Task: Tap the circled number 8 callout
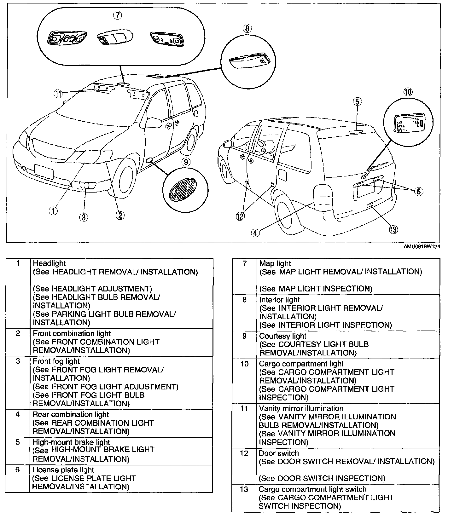click(x=247, y=29)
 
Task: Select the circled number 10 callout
click(x=408, y=92)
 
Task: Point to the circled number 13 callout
click(x=393, y=230)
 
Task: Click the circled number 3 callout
click(x=84, y=217)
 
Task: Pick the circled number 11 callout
click(x=58, y=94)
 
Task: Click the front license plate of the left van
click(x=44, y=172)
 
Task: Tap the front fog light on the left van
click(x=86, y=186)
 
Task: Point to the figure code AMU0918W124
click(x=422, y=247)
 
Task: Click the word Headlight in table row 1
click(x=49, y=263)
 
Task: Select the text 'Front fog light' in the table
click(x=56, y=361)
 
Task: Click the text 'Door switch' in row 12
click(x=279, y=453)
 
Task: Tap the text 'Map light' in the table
click(x=275, y=263)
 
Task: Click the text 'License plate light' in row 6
click(x=63, y=470)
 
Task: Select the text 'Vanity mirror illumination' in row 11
click(x=301, y=408)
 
